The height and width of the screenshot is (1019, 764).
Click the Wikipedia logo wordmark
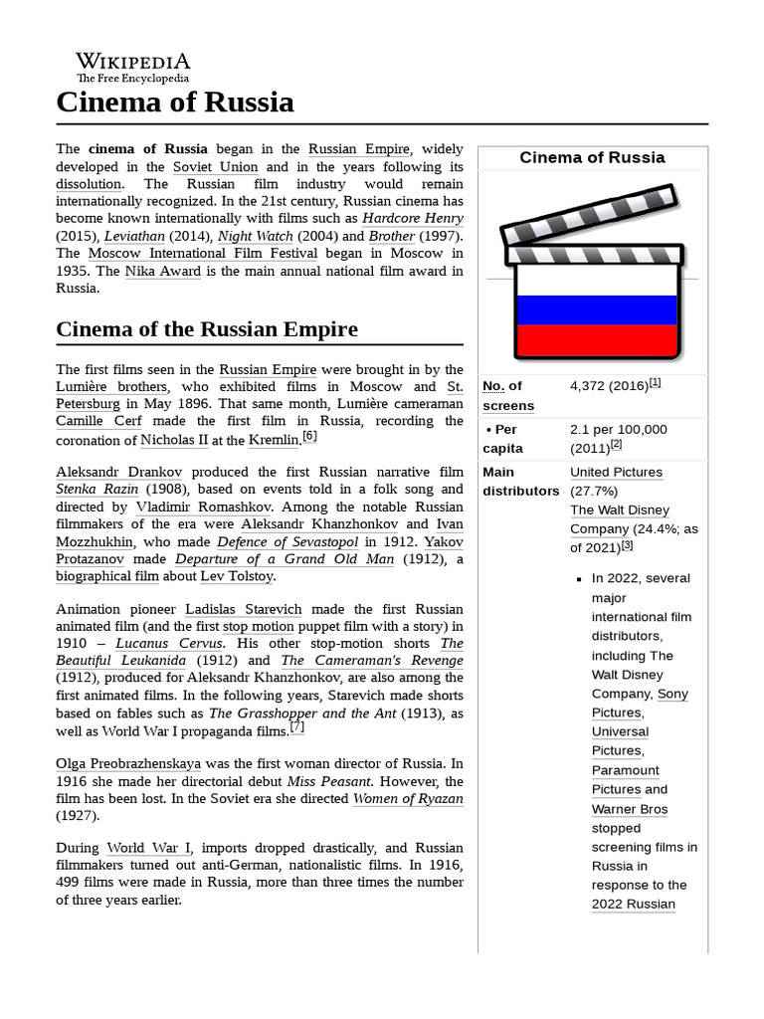(132, 62)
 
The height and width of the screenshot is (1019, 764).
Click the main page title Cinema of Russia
(175, 102)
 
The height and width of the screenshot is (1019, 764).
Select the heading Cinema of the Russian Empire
(207, 329)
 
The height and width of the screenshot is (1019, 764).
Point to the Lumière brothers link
(112, 387)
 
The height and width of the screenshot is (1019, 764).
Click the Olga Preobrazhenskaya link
(128, 763)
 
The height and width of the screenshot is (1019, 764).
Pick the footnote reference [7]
(296, 727)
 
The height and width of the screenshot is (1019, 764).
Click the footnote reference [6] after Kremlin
(309, 436)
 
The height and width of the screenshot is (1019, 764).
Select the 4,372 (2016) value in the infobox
(609, 386)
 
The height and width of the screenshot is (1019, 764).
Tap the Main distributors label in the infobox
(520, 482)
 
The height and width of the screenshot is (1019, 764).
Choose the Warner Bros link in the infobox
(630, 809)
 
